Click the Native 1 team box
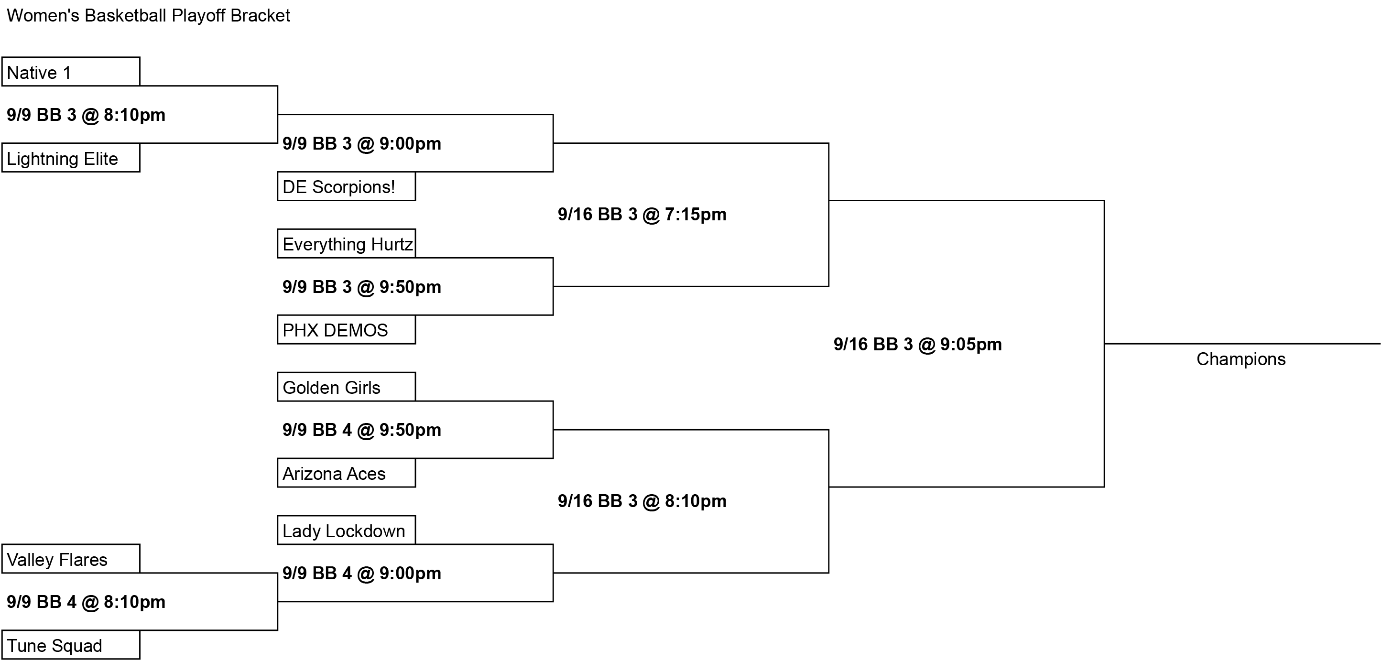tap(71, 71)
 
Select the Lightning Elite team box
tap(71, 158)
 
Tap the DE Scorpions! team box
tap(347, 186)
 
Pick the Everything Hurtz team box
tap(347, 244)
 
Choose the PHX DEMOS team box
tap(347, 329)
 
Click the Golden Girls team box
tap(347, 387)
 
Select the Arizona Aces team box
tap(347, 473)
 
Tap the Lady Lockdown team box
tap(347, 530)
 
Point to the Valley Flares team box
tap(71, 559)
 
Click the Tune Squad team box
tap(71, 645)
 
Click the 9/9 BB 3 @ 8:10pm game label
tap(86, 115)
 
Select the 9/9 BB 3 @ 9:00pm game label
tap(361, 144)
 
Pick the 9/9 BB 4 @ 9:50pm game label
tap(361, 430)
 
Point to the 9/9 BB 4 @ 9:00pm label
tap(361, 573)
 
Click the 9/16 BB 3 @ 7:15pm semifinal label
tap(642, 215)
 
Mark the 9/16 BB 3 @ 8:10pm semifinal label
tap(642, 501)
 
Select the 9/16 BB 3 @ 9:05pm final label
tap(917, 345)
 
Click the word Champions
tap(1241, 359)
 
